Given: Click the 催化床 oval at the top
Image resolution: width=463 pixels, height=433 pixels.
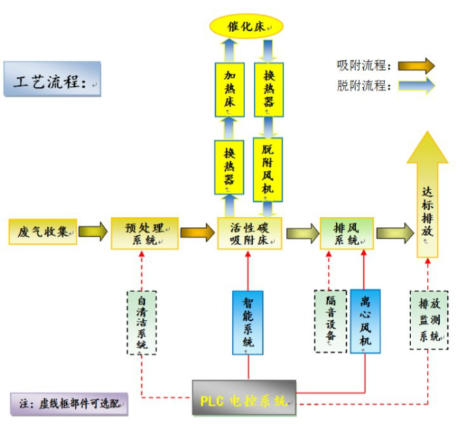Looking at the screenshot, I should click(245, 27).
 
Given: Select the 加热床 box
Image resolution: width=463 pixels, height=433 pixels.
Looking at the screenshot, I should click(229, 89).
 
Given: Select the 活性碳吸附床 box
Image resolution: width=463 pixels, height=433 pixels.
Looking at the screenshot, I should click(251, 233).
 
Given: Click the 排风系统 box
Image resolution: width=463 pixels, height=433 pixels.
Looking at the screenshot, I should click(347, 233).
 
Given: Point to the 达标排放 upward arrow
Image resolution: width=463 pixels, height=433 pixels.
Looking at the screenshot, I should click(427, 198).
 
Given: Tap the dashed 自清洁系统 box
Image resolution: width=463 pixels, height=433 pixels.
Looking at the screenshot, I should click(142, 322).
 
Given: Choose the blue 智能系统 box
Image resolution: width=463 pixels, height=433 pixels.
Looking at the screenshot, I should click(248, 322).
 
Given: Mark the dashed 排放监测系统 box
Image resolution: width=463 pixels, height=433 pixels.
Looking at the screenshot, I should click(429, 320).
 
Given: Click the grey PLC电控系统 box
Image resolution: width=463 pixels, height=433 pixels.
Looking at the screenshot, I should click(244, 398).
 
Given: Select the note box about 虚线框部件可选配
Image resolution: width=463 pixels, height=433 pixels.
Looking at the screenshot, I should click(69, 404).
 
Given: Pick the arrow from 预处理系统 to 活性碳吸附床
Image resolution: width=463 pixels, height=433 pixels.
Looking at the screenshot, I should click(197, 233).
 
